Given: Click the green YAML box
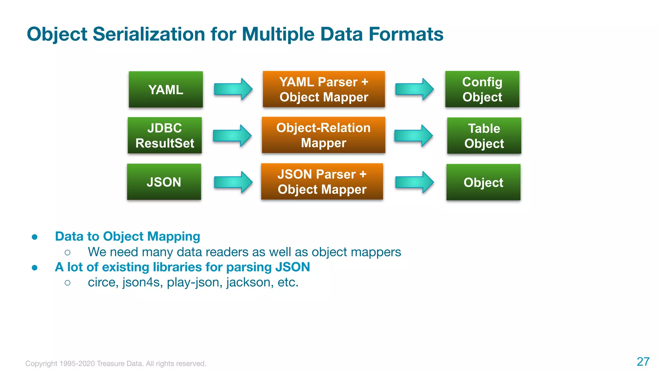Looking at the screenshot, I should pos(166,90).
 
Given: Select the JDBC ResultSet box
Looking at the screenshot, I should pos(165,136).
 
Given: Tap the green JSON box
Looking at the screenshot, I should pos(164,182).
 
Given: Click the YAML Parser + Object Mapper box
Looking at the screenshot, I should pos(324,89).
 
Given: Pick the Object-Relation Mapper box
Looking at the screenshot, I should pos(323,135).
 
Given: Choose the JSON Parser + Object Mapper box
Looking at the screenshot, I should pos(322,182).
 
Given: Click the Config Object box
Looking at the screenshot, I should pos(482,89).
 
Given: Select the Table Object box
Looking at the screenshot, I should pos(484,136).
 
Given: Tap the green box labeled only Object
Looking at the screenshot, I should pos(483,182).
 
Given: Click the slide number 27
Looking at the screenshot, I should pos(643,362).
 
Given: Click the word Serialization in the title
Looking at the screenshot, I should pos(149,34).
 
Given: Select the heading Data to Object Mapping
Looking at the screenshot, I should pos(127,236).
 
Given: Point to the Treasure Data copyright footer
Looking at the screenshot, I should pos(116,364).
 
